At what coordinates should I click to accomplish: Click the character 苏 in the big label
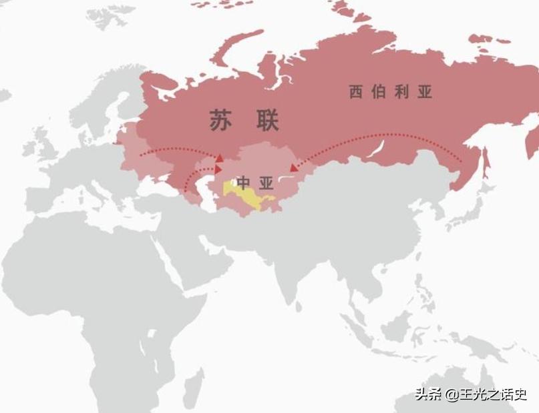222,121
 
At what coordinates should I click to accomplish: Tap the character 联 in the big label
266,121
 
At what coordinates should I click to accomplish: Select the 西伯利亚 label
390,92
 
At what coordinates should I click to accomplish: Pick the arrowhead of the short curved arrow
218,171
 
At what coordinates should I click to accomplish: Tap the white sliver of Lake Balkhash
286,178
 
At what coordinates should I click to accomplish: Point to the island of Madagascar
193,387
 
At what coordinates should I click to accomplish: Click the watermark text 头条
428,394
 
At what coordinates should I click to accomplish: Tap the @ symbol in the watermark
452,395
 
